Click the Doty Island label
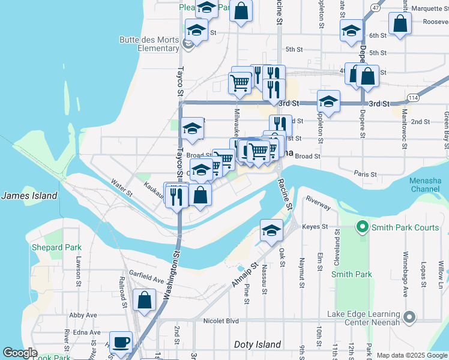point(257,344)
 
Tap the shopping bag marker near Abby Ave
point(145,301)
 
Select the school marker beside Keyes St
point(271,230)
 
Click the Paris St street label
point(365,174)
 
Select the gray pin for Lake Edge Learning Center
point(410,316)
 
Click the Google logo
point(20,353)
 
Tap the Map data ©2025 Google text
point(411,355)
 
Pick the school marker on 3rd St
point(328,101)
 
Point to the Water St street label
point(121,187)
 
